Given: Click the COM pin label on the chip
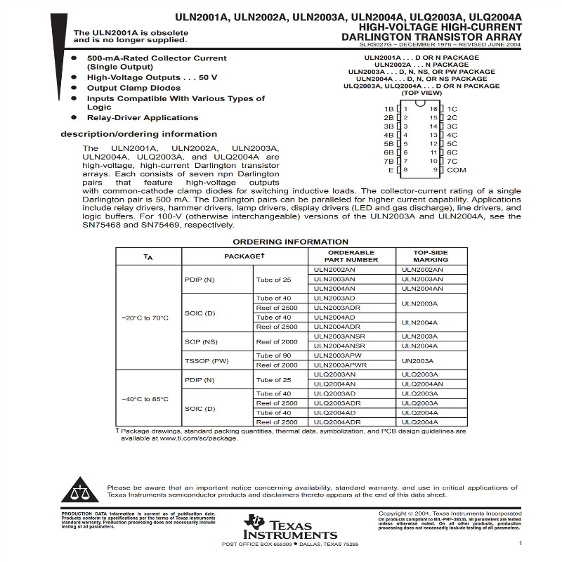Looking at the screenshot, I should click(x=457, y=170).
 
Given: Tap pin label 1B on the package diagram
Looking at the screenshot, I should click(x=388, y=109).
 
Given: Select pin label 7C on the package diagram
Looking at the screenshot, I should click(x=452, y=161).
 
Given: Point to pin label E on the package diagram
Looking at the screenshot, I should click(x=391, y=170).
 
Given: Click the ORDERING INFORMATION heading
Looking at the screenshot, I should click(x=280, y=242).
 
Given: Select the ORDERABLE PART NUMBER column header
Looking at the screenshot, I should click(x=351, y=256).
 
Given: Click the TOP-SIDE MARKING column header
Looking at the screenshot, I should click(x=430, y=256).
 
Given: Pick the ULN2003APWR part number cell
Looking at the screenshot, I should click(x=340, y=365).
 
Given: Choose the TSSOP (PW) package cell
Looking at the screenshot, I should click(x=207, y=360).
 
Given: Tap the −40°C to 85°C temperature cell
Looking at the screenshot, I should click(x=145, y=399).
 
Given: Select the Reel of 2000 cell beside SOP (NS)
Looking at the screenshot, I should click(x=277, y=341).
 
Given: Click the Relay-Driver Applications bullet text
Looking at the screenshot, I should click(x=143, y=117).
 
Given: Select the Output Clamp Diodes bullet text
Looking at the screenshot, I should click(x=133, y=88).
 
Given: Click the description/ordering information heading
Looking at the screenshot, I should click(x=138, y=134).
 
